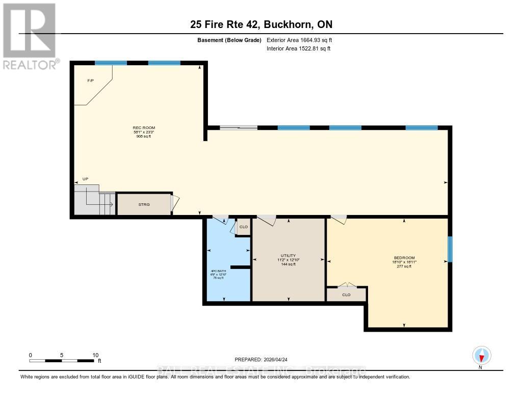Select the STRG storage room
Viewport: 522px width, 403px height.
[144, 204]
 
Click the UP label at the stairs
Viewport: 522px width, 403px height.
[86, 179]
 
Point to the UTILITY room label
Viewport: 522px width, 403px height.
[289, 256]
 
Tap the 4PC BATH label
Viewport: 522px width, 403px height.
[217, 271]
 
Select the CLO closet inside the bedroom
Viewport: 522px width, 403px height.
[347, 294]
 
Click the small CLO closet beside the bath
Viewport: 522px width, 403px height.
[244, 227]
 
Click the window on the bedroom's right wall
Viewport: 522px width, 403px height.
[450, 249]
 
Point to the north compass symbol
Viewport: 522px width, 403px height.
[481, 356]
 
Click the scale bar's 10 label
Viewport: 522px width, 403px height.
[95, 355]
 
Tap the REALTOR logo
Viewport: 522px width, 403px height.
[30, 36]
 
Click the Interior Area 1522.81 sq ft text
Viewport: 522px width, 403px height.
[299, 49]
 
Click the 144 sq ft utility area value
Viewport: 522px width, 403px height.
[289, 264]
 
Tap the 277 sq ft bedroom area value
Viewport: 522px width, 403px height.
[404, 266]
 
